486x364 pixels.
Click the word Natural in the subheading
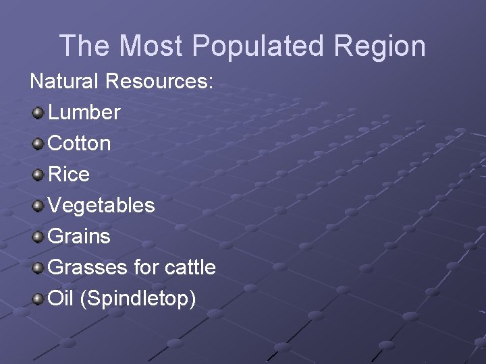[64, 82]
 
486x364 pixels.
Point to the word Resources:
[160, 82]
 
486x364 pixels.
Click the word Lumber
[84, 112]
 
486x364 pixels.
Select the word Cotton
[80, 143]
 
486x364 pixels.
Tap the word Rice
[69, 174]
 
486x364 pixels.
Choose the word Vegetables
[101, 205]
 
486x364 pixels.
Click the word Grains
[80, 236]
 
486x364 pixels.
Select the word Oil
[61, 298]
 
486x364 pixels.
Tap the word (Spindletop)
[138, 299]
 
